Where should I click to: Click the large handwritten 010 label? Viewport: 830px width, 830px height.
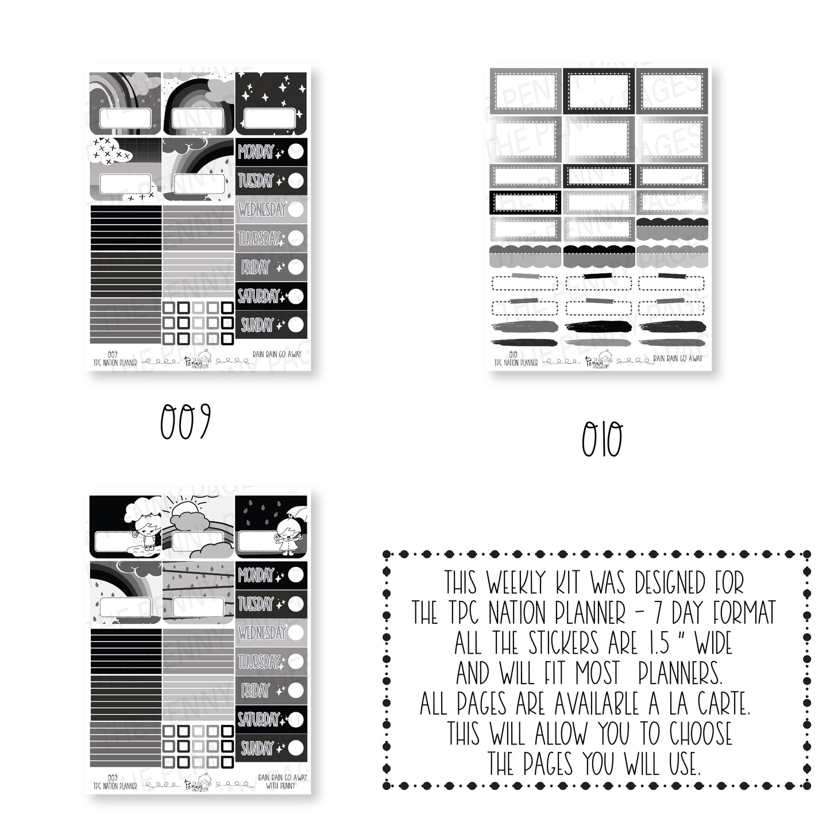point(601,441)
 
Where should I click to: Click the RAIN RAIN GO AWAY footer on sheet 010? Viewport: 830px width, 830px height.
point(678,358)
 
